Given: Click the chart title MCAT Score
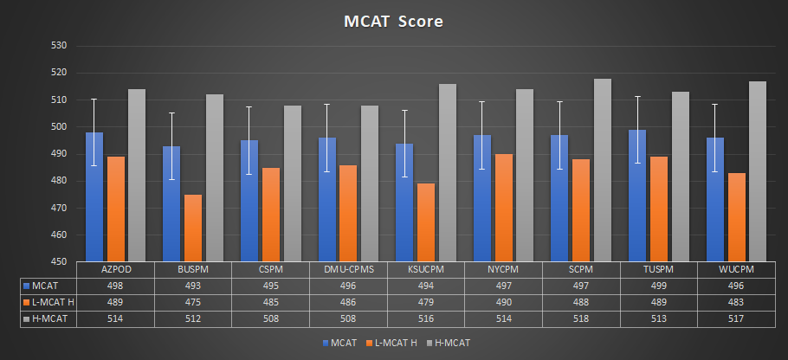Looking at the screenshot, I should [393, 21].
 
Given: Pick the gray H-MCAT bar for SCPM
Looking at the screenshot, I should [602, 170].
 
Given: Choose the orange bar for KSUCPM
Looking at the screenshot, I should [425, 222].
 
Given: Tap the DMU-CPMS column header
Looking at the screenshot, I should [348, 269].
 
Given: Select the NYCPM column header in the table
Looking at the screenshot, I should [504, 269].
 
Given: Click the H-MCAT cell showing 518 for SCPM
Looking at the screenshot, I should [581, 318].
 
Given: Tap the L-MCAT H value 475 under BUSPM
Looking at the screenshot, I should [193, 302].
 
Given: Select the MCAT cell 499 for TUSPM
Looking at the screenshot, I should [659, 286].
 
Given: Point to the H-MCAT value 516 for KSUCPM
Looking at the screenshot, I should [426, 318].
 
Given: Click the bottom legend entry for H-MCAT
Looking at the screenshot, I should [449, 343].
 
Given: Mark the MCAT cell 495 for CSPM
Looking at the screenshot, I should [271, 286].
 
